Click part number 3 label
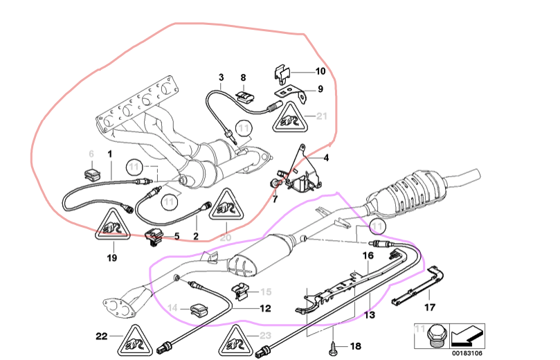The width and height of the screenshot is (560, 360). pyautogui.click(x=222, y=77)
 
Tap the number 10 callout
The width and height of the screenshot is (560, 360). pyautogui.click(x=320, y=71)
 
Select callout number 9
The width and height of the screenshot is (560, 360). pyautogui.click(x=320, y=89)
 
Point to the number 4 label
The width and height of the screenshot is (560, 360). pyautogui.click(x=326, y=159)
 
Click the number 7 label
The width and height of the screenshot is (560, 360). pyautogui.click(x=274, y=199)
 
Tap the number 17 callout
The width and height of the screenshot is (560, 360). pyautogui.click(x=430, y=307)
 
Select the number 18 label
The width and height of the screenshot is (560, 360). pyautogui.click(x=356, y=345)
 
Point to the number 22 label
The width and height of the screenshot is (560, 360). pyautogui.click(x=102, y=336)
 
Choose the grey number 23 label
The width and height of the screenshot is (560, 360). pyautogui.click(x=265, y=336)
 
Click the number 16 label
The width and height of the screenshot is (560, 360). pyautogui.click(x=369, y=255)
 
